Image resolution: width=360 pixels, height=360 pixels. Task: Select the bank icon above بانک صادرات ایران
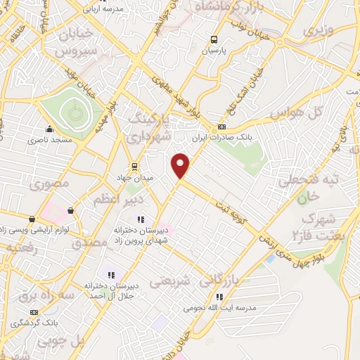tap(221, 127)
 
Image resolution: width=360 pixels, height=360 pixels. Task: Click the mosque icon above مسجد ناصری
tap(49, 129)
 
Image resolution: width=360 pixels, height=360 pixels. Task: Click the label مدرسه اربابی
tap(103, 9)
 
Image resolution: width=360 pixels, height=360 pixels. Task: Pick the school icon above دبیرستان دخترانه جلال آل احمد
tap(110, 274)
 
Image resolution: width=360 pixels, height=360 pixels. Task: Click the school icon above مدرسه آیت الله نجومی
tap(219, 297)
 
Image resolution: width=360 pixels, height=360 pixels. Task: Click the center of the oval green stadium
tap(73, 112)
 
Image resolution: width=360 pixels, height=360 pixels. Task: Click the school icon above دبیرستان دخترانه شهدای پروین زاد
tap(139, 219)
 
